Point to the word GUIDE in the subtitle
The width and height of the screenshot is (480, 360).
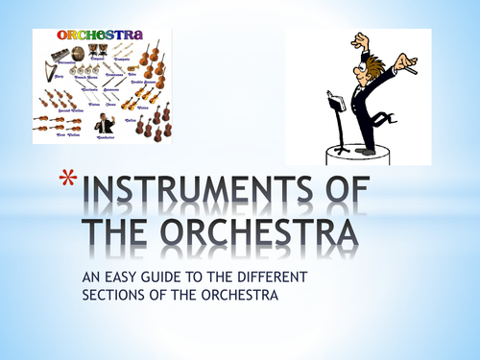pos(169,278)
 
